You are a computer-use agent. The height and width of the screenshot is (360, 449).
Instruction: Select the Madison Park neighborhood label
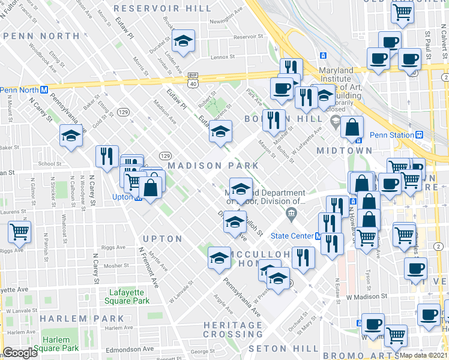213,165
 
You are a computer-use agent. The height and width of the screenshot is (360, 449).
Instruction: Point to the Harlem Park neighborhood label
91,319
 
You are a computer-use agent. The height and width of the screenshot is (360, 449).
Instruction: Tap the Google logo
20,353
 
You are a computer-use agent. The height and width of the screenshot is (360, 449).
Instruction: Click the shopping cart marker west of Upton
20,231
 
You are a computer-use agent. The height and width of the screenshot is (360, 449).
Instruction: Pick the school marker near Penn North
71,135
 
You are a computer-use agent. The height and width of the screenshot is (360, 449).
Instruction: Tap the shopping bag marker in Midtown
352,126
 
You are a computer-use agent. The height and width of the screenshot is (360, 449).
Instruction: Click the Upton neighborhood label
162,239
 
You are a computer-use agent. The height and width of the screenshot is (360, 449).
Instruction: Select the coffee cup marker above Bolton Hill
281,89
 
